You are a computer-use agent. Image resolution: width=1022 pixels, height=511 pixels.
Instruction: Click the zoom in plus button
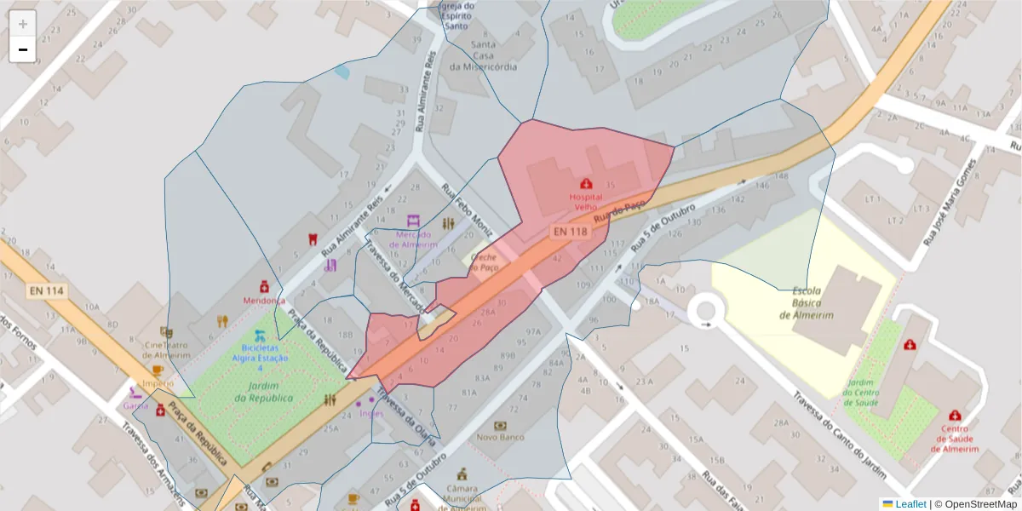(23, 24)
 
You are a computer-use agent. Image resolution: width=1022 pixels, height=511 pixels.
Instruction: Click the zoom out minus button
(23, 49)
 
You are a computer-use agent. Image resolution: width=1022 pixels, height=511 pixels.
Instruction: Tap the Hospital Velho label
(584, 202)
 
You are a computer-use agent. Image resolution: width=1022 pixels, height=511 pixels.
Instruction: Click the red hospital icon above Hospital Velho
(586, 183)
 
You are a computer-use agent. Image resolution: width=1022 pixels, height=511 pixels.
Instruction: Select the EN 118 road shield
(570, 232)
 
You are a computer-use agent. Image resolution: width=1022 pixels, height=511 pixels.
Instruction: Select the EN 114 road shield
(47, 291)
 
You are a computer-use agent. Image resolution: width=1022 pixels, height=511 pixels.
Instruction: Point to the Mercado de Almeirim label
(413, 239)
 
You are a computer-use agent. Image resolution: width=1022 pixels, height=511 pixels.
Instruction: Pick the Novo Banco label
(499, 437)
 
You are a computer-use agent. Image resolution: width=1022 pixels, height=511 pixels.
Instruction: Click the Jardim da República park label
(264, 393)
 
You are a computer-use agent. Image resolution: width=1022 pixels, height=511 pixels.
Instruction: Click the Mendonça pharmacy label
(264, 301)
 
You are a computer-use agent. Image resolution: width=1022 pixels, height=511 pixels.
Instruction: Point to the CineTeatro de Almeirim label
(167, 350)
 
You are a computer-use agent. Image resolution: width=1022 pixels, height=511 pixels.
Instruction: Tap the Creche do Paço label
(484, 261)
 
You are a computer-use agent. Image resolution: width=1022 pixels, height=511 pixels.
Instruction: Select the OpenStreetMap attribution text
(975, 504)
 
